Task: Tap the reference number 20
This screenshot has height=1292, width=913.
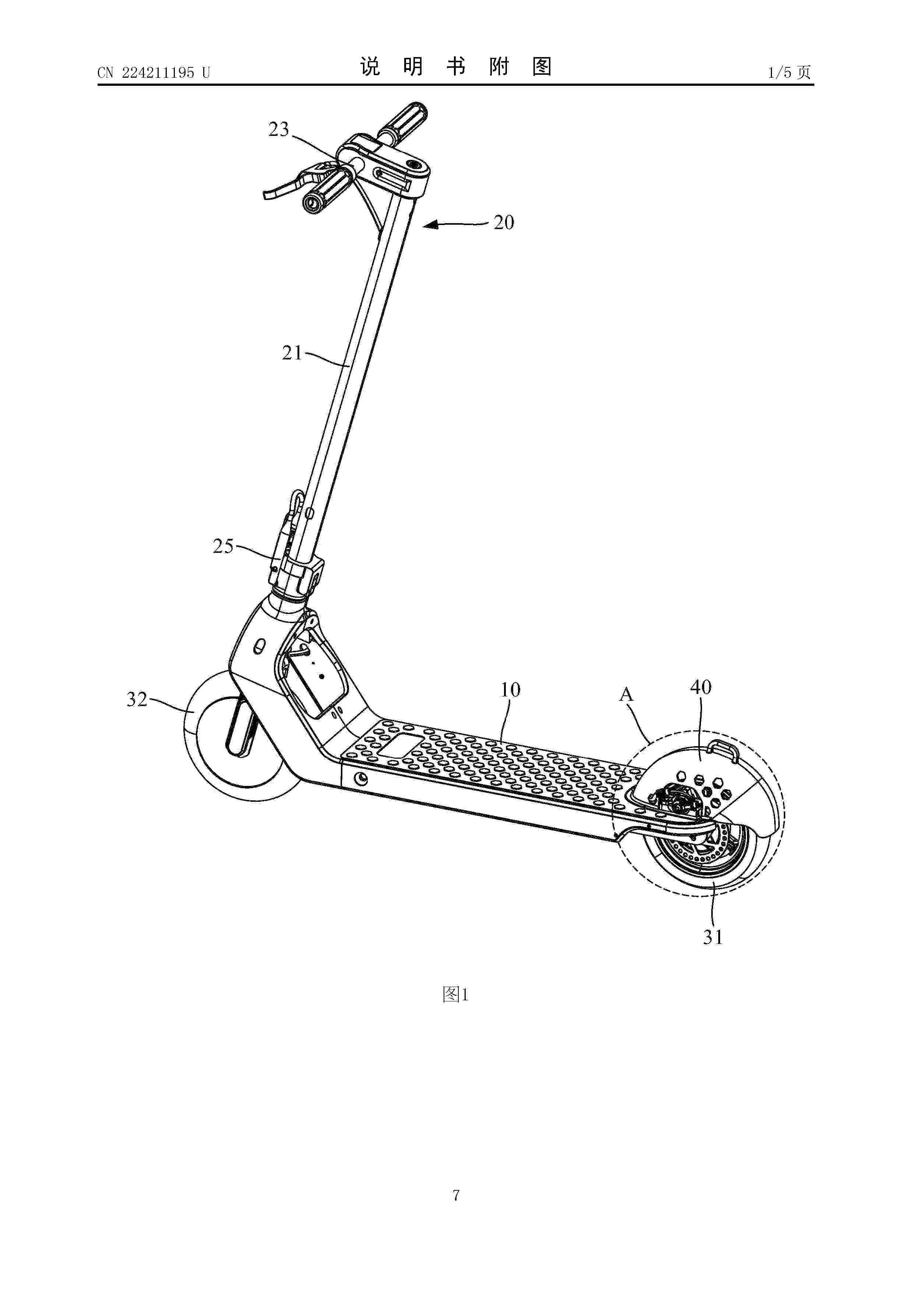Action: click(x=504, y=222)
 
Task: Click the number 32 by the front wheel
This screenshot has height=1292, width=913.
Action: click(x=137, y=699)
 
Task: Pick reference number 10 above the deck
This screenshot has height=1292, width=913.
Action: click(x=510, y=689)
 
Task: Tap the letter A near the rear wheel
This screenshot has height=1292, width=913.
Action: click(x=626, y=695)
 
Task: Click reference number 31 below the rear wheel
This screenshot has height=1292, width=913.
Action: click(x=713, y=937)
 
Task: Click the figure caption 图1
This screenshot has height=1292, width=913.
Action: click(x=456, y=994)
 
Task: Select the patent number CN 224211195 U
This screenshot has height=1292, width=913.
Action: click(x=154, y=73)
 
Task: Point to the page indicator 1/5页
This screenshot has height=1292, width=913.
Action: click(x=790, y=72)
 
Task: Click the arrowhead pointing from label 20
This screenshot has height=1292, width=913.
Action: click(x=431, y=225)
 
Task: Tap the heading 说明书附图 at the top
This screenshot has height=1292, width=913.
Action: click(x=456, y=67)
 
